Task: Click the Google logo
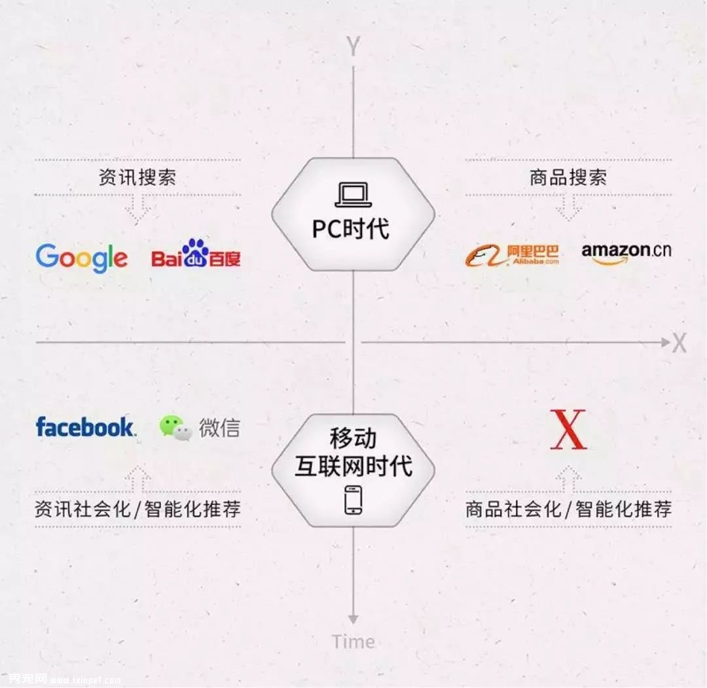82,257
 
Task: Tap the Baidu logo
196,253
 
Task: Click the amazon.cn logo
626,254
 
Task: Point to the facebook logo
86,426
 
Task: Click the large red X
568,430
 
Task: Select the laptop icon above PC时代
353,195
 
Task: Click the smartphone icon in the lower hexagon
353,500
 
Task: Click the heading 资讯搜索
137,177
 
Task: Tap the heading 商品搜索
568,177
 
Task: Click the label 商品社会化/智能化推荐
569,509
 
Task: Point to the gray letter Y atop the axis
353,46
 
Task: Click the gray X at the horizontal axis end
680,343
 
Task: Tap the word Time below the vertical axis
353,642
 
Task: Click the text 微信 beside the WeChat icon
219,428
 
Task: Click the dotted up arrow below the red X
568,478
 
